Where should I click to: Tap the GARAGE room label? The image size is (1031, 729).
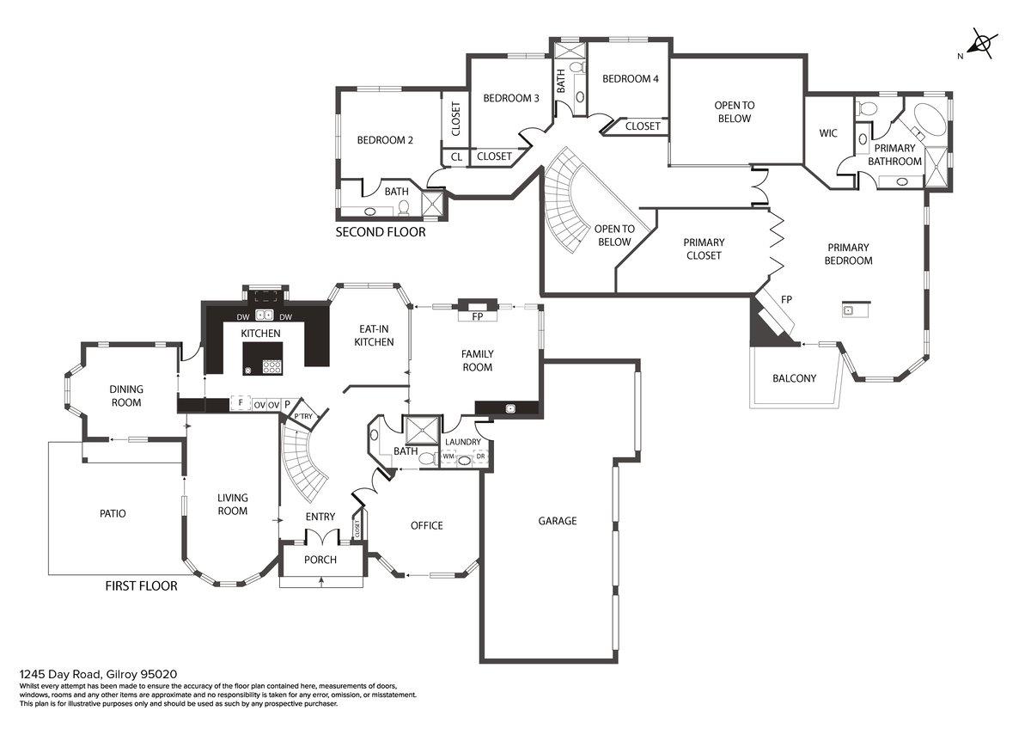[558, 521]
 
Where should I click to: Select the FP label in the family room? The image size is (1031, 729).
[478, 316]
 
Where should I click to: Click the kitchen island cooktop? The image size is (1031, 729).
[272, 366]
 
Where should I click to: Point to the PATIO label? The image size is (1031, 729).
[113, 514]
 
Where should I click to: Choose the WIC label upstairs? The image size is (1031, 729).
[828, 133]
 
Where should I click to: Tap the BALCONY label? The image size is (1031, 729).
[794, 378]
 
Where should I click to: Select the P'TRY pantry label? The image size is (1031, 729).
[303, 417]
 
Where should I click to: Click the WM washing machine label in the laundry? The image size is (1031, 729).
[448, 456]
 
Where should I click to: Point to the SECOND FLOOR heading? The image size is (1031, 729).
[380, 232]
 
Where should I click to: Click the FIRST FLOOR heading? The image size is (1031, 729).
[141, 586]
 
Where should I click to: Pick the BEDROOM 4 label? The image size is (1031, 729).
[630, 79]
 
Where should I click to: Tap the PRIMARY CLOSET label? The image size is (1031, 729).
[704, 249]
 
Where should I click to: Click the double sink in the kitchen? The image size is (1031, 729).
[264, 315]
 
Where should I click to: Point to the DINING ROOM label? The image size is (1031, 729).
[125, 396]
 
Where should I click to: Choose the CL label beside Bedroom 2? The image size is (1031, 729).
[456, 157]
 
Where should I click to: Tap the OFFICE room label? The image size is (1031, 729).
[426, 525]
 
